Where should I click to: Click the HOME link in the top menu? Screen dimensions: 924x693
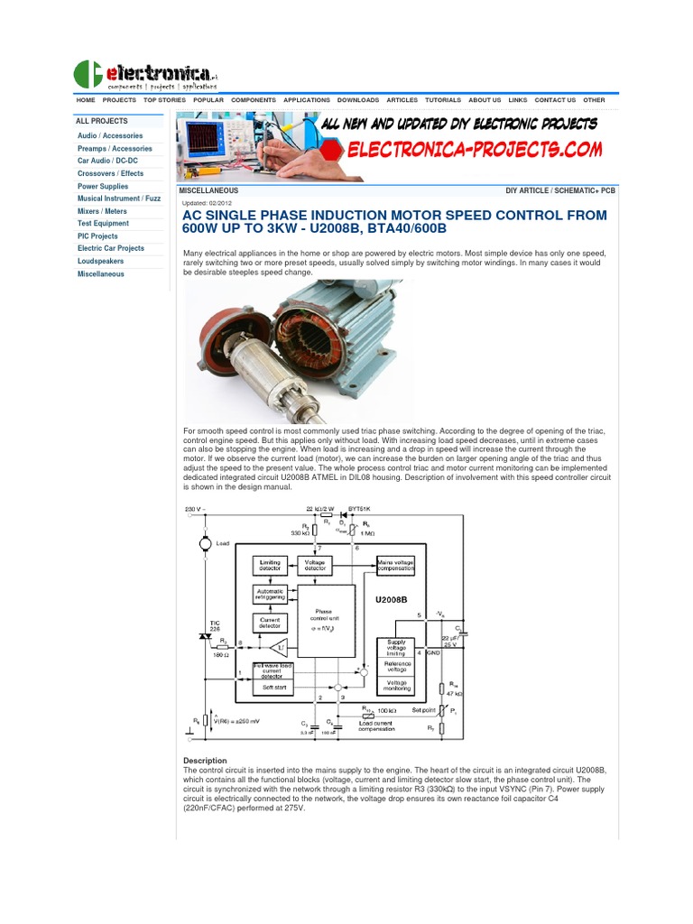point(86,100)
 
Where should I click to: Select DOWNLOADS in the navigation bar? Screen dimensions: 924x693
point(358,100)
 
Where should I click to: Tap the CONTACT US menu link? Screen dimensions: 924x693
point(555,100)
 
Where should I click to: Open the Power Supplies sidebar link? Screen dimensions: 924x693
point(103,186)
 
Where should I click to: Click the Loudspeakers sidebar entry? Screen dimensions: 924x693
point(101,261)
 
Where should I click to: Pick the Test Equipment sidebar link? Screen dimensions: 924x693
point(103,223)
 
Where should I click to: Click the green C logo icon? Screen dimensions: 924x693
point(88,74)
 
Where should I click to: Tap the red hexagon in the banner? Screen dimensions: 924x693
point(333,150)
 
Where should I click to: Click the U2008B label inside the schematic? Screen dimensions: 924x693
point(391,597)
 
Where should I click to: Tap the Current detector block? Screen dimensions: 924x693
point(270,622)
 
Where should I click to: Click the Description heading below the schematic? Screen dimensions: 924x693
point(205,761)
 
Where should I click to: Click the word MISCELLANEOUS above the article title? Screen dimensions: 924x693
point(208,191)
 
